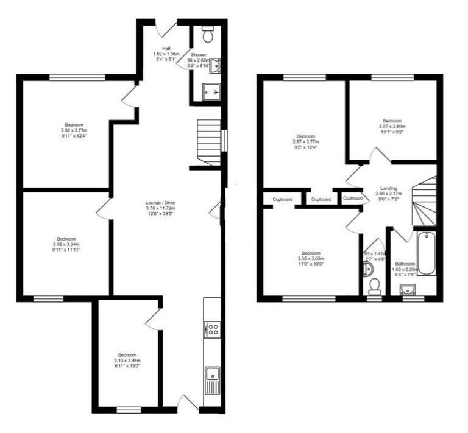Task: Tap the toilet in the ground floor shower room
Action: coord(208,35)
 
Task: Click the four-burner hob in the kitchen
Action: coord(213,329)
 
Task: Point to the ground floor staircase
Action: coord(208,141)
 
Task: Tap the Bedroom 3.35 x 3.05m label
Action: coord(310,259)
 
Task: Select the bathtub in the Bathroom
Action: coord(427,252)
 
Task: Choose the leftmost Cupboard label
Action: coord(283,199)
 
